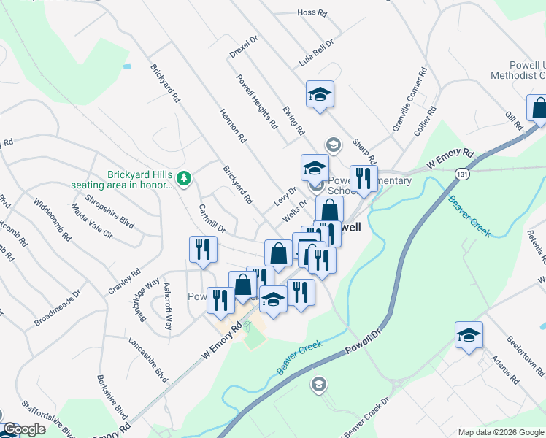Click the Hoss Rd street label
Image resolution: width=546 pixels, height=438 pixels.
[310, 12]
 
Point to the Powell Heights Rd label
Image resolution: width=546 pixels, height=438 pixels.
[256, 101]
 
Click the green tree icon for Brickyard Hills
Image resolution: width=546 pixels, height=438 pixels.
[184, 177]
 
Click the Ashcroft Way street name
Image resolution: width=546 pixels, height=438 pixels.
[168, 306]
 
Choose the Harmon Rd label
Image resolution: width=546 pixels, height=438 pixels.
[231, 124]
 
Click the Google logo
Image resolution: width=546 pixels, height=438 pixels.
[24, 429]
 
